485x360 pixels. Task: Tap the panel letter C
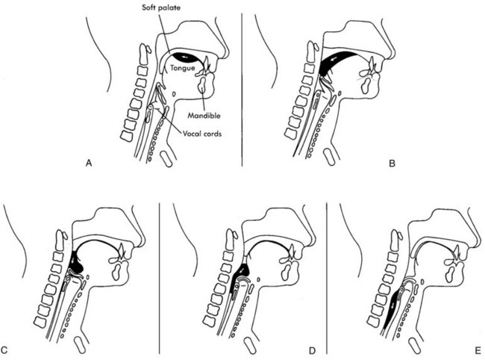(x=7, y=349)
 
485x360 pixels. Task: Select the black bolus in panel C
(x=77, y=261)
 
